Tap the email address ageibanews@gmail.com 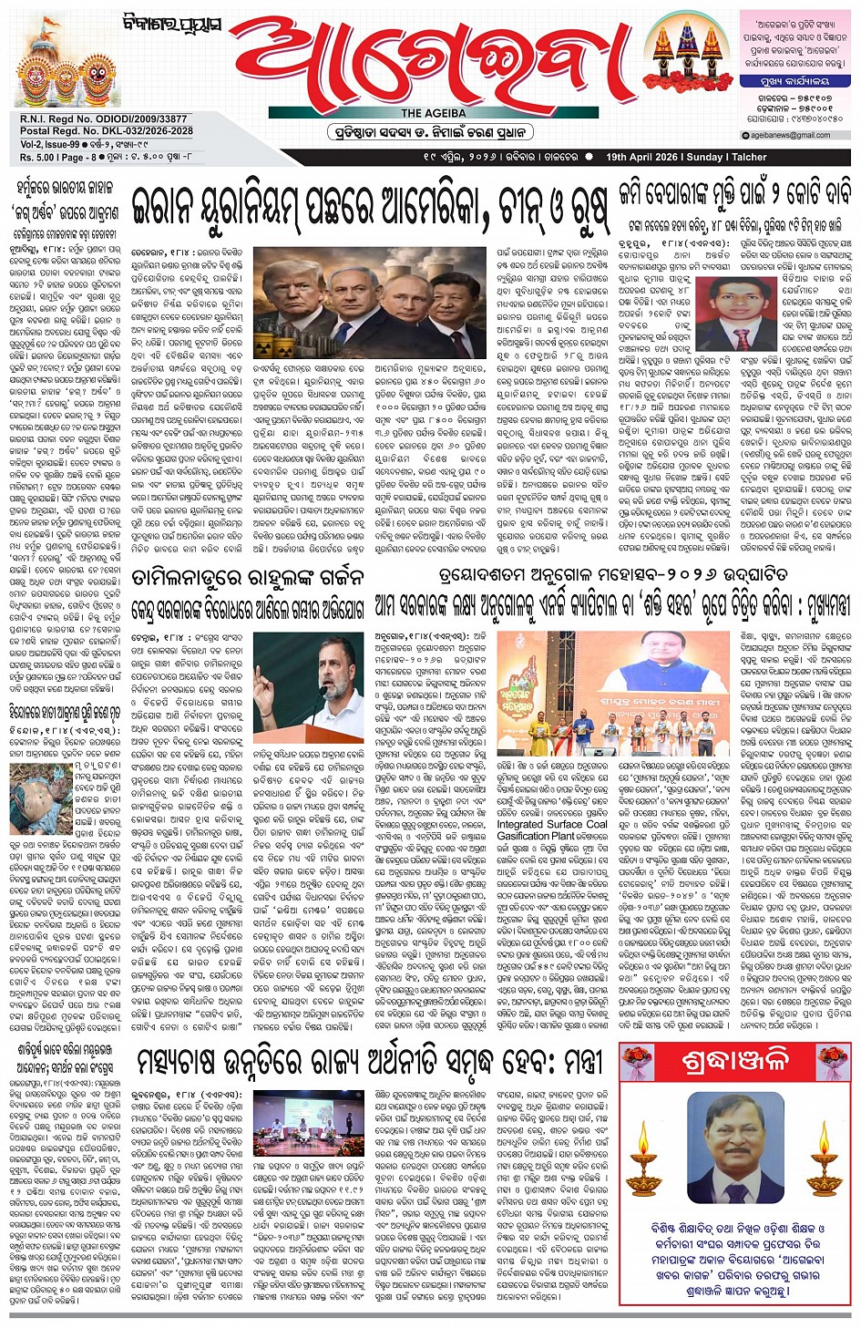coord(790,135)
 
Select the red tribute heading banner coord(735,1063)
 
